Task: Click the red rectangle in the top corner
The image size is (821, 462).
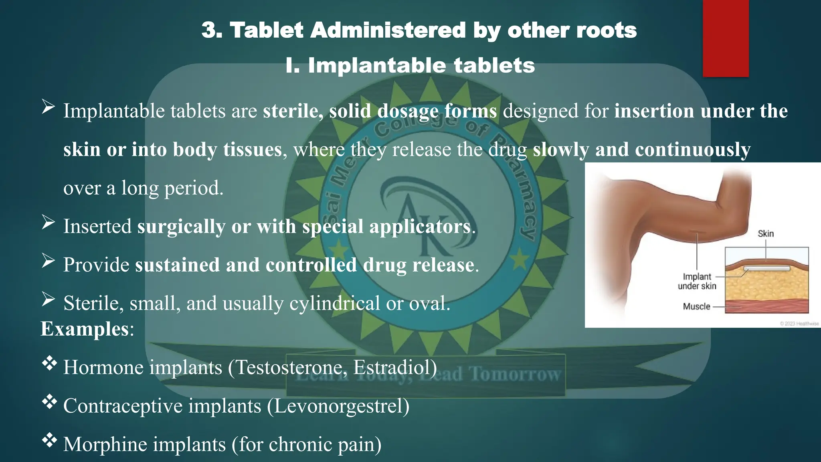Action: (726, 38)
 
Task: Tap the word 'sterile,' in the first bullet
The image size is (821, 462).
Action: (293, 111)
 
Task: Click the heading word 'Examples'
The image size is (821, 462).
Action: (85, 329)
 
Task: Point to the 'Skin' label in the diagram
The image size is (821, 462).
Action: (766, 234)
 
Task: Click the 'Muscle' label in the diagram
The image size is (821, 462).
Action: (696, 307)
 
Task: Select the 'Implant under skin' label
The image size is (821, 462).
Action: (697, 281)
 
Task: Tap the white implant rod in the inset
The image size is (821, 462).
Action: (766, 268)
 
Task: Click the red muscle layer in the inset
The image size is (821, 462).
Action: (766, 307)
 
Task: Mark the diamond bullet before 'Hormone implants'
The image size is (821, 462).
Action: (49, 364)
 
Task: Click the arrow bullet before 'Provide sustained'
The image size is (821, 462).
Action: (48, 261)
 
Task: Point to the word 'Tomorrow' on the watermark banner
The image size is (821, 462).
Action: (515, 374)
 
